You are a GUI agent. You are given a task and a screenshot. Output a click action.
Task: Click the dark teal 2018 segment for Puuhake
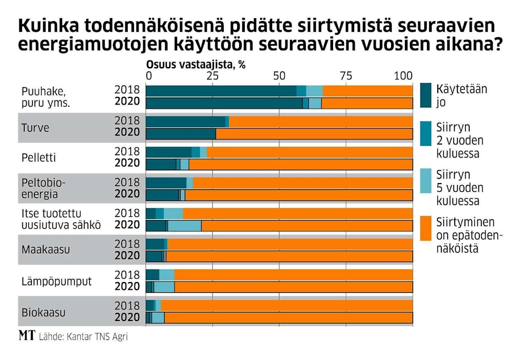click(x=221, y=91)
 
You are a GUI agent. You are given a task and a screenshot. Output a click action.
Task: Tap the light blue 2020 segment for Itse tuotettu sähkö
click(x=184, y=226)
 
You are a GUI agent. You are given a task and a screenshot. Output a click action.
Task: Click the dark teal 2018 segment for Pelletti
click(x=169, y=152)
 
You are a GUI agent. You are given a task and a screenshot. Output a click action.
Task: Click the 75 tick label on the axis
click(x=346, y=75)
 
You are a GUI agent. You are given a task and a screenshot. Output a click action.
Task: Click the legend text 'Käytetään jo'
click(x=460, y=95)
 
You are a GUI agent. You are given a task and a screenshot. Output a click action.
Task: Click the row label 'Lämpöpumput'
click(x=56, y=281)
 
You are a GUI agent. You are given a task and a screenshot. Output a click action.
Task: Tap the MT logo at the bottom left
click(x=27, y=336)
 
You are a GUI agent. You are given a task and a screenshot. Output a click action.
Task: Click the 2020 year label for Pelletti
click(x=127, y=163)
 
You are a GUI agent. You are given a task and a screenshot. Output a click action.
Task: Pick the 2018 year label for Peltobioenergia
click(x=127, y=182)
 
